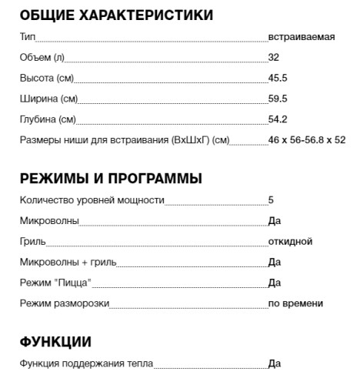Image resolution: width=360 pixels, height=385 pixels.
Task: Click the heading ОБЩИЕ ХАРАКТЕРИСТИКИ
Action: pos(116,15)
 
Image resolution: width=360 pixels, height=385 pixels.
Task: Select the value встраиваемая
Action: pos(302,37)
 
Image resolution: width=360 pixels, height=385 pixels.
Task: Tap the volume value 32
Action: pos(274,58)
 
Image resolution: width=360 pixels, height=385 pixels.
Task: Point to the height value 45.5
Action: pos(278,79)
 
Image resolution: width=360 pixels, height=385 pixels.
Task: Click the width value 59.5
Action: pos(278,99)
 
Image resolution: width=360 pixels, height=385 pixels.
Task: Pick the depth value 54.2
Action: pos(278,119)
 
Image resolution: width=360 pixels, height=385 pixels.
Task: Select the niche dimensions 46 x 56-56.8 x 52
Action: pos(307,140)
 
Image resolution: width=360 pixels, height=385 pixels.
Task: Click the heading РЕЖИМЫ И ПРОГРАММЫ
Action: pos(111,179)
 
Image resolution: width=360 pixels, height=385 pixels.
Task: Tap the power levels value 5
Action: pos(271,200)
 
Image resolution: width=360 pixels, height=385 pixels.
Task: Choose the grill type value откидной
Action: pos(290,242)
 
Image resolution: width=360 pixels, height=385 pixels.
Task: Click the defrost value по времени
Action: pos(295,303)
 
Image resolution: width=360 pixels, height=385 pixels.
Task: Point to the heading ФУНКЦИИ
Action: pos(55,342)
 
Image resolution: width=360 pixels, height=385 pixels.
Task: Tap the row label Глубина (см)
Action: pos(48,119)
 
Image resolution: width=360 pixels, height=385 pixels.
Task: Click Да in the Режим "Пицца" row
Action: pos(275,283)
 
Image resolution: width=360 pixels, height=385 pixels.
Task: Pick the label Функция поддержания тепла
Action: pos(86,363)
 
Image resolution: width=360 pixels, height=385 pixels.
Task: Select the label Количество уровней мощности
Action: pos(92,200)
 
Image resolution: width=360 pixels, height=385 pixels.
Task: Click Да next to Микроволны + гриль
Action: pos(275,263)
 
